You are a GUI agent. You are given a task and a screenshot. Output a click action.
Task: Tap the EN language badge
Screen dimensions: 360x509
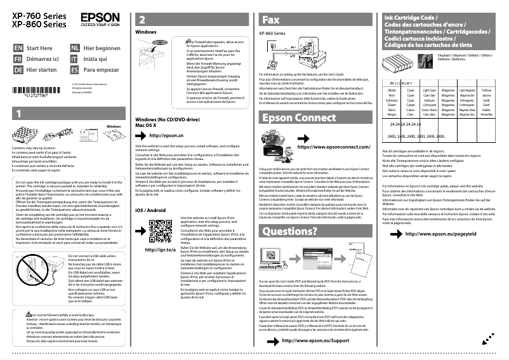coord(18,48)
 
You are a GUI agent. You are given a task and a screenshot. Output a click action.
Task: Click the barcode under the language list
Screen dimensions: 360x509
coord(39,90)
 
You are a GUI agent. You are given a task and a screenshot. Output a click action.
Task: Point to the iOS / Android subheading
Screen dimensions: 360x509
coord(150,210)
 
